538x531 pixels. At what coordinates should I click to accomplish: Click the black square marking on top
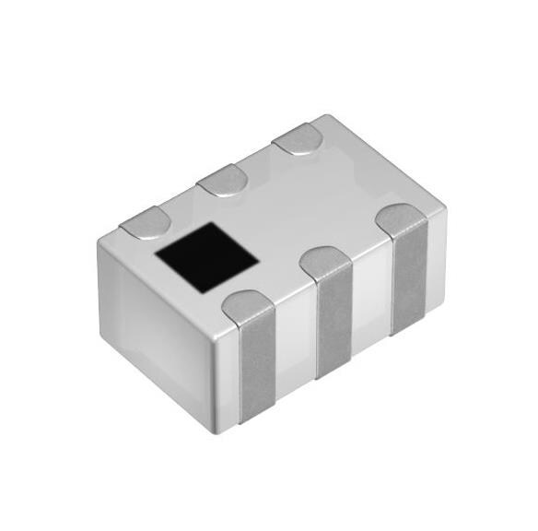(x=206, y=258)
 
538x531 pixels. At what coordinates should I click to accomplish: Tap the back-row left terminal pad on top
(x=146, y=221)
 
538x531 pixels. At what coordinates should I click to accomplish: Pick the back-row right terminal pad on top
(x=296, y=138)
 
